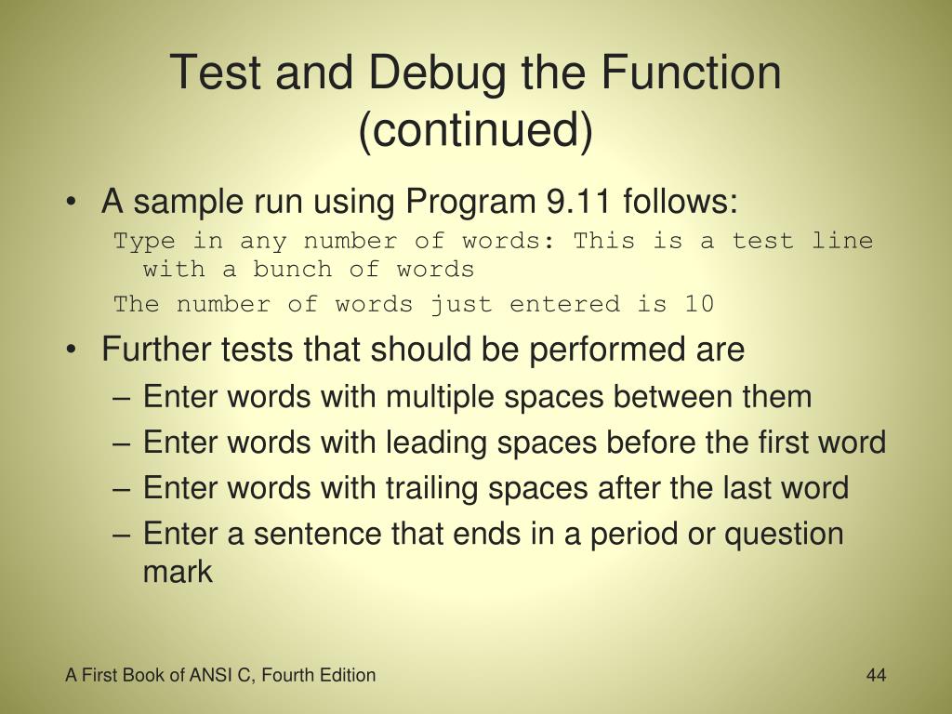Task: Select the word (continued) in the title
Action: [475, 129]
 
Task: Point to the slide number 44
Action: [876, 675]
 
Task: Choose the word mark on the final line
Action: [178, 571]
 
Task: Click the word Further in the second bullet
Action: [156, 350]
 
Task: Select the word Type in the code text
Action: [144, 241]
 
